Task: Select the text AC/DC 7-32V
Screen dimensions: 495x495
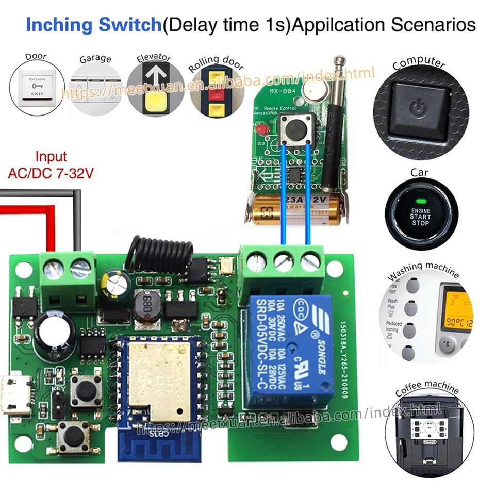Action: coord(51,174)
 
